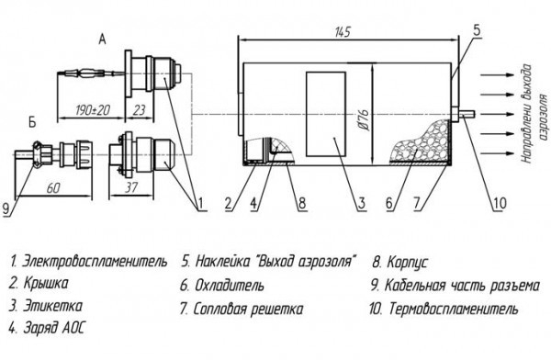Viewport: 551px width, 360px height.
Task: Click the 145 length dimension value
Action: (x=343, y=32)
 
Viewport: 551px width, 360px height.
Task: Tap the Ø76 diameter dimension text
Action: (x=364, y=119)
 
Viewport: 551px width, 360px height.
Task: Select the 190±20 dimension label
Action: (x=93, y=110)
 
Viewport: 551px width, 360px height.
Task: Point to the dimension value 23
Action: (x=140, y=110)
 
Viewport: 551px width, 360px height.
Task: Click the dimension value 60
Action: (x=53, y=188)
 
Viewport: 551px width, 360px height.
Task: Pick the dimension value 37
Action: (x=131, y=187)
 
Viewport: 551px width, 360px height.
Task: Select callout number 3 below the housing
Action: (x=362, y=203)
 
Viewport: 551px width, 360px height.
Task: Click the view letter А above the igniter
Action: (x=102, y=39)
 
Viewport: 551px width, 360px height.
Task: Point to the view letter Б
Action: (x=32, y=123)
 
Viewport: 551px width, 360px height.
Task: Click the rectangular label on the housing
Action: (x=326, y=114)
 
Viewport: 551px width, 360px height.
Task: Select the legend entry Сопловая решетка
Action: (x=248, y=309)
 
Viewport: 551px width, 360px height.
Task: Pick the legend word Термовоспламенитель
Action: (x=454, y=309)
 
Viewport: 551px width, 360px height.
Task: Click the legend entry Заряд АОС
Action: (x=54, y=329)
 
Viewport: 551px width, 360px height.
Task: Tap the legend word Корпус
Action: (x=407, y=263)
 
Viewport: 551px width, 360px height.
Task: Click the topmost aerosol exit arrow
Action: (x=497, y=75)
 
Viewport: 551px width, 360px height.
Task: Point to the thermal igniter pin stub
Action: (x=467, y=114)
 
